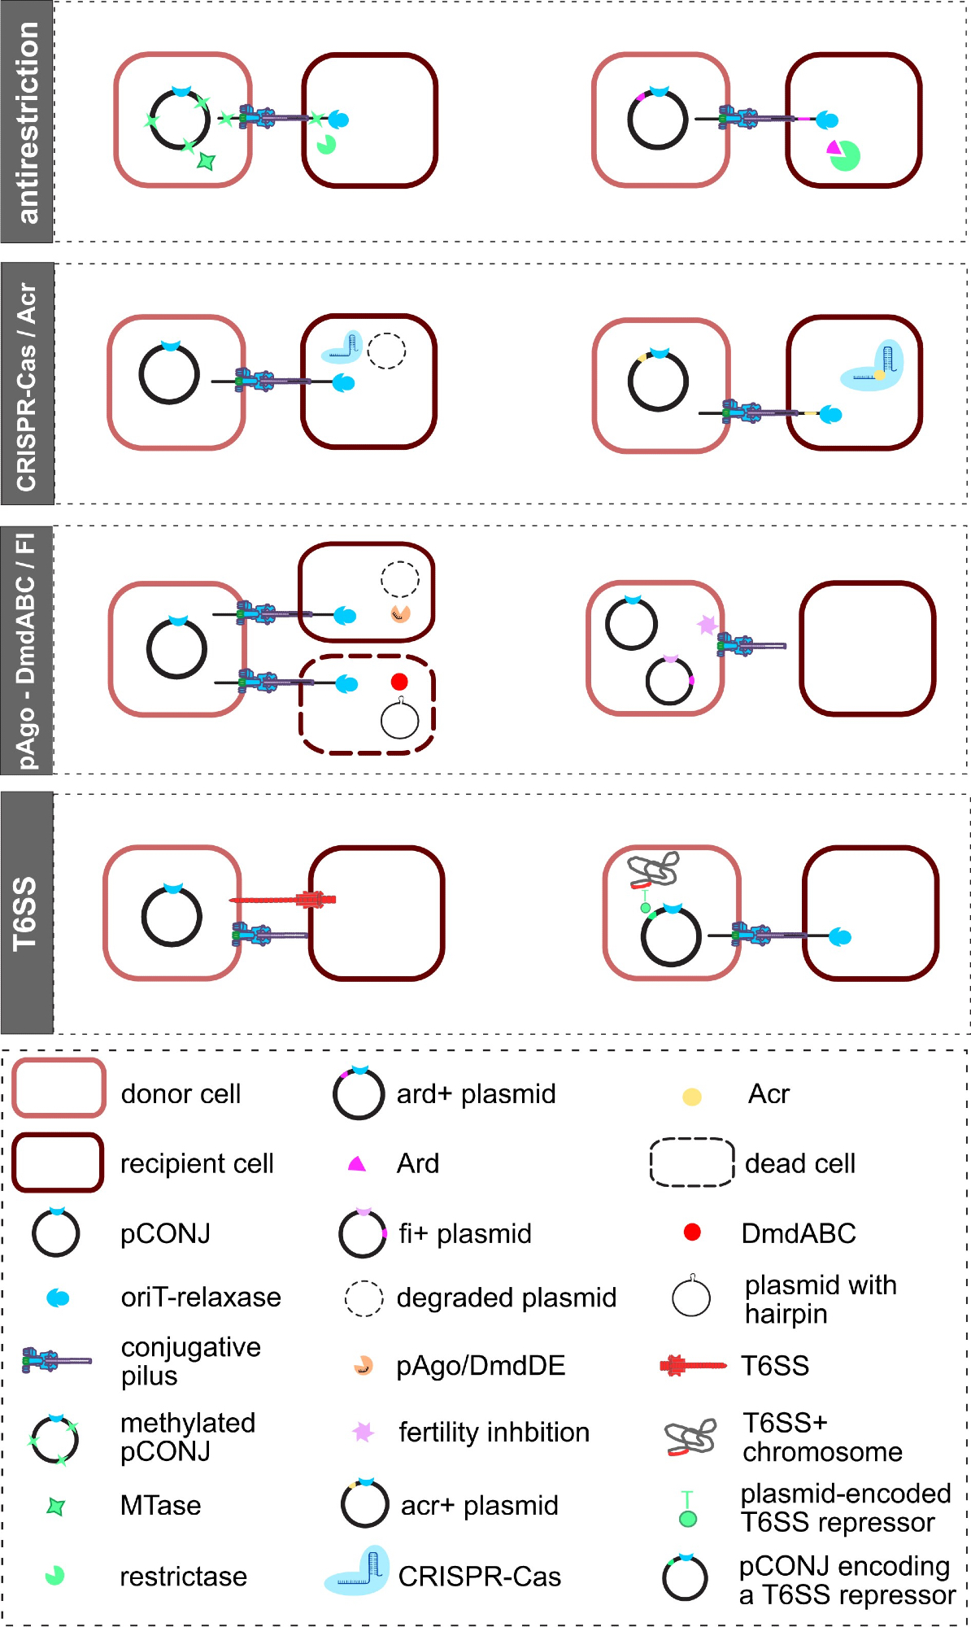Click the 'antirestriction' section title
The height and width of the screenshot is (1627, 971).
(27, 122)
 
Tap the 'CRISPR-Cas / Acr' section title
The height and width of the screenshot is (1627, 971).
(27, 385)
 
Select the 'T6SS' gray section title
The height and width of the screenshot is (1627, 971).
(27, 914)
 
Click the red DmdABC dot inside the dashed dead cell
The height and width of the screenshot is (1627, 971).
(399, 682)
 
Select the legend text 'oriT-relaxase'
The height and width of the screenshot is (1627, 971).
(201, 1297)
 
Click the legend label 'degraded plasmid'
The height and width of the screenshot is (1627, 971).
(506, 1298)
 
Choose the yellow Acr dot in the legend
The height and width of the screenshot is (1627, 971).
(692, 1097)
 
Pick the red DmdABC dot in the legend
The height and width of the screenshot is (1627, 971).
(692, 1232)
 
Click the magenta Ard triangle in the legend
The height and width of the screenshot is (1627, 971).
(356, 1164)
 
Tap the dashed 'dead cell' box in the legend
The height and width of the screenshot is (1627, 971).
(692, 1162)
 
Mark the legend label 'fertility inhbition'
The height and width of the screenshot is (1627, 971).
(494, 1432)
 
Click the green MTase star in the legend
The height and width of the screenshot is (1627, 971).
(55, 1507)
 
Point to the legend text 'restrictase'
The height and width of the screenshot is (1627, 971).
(183, 1577)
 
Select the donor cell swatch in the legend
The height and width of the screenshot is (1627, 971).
(59, 1088)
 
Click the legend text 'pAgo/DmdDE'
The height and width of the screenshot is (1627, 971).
(481, 1365)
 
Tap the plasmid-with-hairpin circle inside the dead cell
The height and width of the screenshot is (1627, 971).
(399, 720)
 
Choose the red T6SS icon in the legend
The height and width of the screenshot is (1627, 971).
(692, 1365)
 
